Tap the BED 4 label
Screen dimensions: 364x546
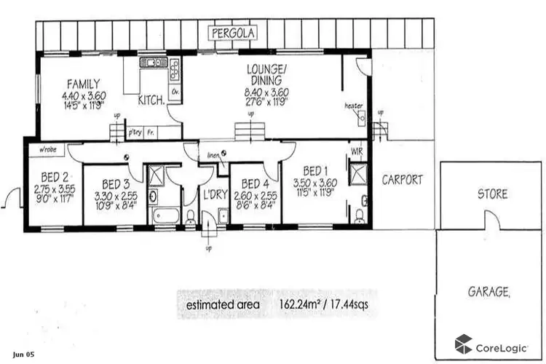255,183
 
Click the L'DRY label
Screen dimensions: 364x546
214,194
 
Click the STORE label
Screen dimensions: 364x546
492,194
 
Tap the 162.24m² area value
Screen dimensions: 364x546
305,304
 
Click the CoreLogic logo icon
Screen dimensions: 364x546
463,343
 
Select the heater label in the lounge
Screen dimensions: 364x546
353,106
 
